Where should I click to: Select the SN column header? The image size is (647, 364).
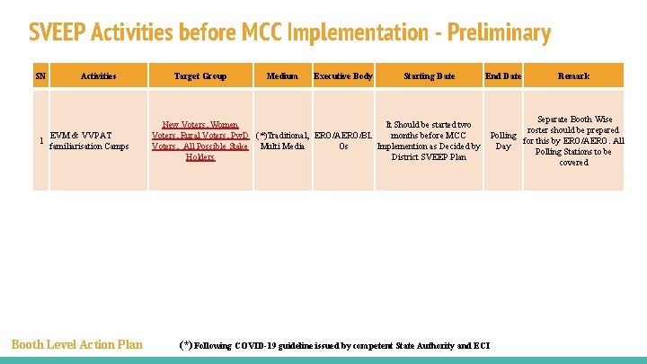[40, 76]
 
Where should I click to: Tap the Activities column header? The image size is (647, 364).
[98, 76]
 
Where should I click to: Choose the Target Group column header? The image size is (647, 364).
[199, 76]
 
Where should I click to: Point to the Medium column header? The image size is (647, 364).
[282, 76]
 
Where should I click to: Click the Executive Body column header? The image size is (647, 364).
[343, 76]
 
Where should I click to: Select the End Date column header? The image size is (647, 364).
[503, 76]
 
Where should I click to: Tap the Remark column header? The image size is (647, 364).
[573, 76]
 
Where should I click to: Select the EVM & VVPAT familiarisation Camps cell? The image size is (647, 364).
[89, 140]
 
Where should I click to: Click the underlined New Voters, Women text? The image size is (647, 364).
[199, 125]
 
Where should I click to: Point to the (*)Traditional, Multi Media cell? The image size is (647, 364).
[282, 141]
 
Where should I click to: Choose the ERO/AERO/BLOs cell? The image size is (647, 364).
[343, 141]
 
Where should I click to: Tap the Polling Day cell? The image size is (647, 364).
[503, 141]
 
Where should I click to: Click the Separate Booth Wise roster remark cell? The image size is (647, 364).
[573, 141]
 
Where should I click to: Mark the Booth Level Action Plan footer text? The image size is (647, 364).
[76, 344]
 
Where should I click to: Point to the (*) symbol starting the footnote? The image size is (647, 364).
[185, 344]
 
